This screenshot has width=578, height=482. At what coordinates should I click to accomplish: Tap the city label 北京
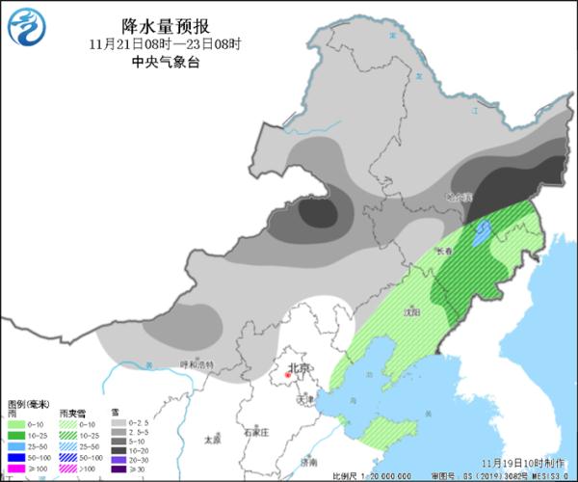(301, 368)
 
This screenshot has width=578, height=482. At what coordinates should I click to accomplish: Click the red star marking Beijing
(287, 369)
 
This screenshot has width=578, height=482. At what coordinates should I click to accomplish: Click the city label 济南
(308, 464)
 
